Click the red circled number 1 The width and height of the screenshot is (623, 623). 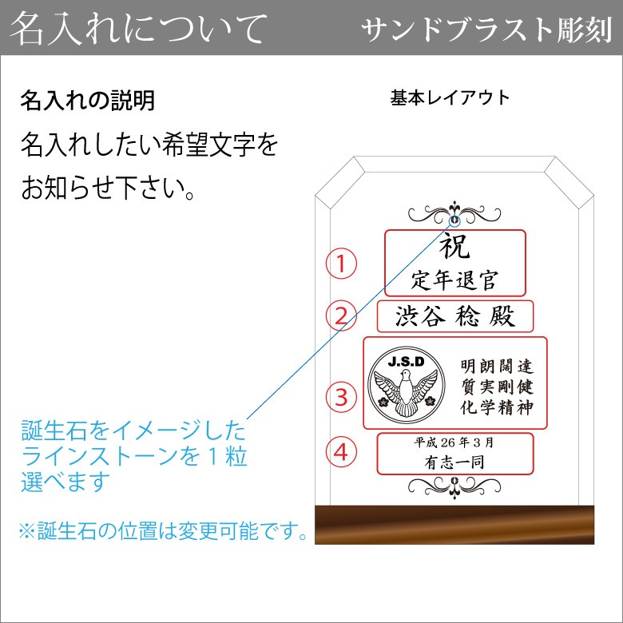coord(341,264)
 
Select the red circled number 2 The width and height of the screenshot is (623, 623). coord(341,315)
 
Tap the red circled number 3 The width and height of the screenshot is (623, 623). coord(341,397)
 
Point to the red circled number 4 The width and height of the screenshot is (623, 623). coord(341,452)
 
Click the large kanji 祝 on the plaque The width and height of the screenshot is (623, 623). coord(455,245)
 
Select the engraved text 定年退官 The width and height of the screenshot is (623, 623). coord(454,280)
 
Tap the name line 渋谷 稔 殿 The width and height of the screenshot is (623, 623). coord(455,316)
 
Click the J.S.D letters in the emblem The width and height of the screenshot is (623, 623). coord(406,362)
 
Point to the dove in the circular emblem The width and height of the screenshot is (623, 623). coord(406,391)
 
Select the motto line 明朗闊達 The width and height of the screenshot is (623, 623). coord(497,367)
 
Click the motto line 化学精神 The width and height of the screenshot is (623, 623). coord(497,407)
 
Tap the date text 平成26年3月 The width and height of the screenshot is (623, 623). coord(454,442)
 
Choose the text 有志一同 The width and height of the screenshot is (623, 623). coord(454,462)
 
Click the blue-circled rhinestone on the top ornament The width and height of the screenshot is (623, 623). coord(454,220)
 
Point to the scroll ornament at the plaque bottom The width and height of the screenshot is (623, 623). coord(454,486)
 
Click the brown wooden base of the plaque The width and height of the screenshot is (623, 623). coord(454,525)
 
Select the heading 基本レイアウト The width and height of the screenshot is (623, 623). coord(450,97)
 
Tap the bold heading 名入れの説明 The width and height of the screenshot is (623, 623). coord(87,100)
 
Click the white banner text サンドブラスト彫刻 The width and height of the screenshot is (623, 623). coord(487,30)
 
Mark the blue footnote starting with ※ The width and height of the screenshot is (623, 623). coord(163,530)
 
